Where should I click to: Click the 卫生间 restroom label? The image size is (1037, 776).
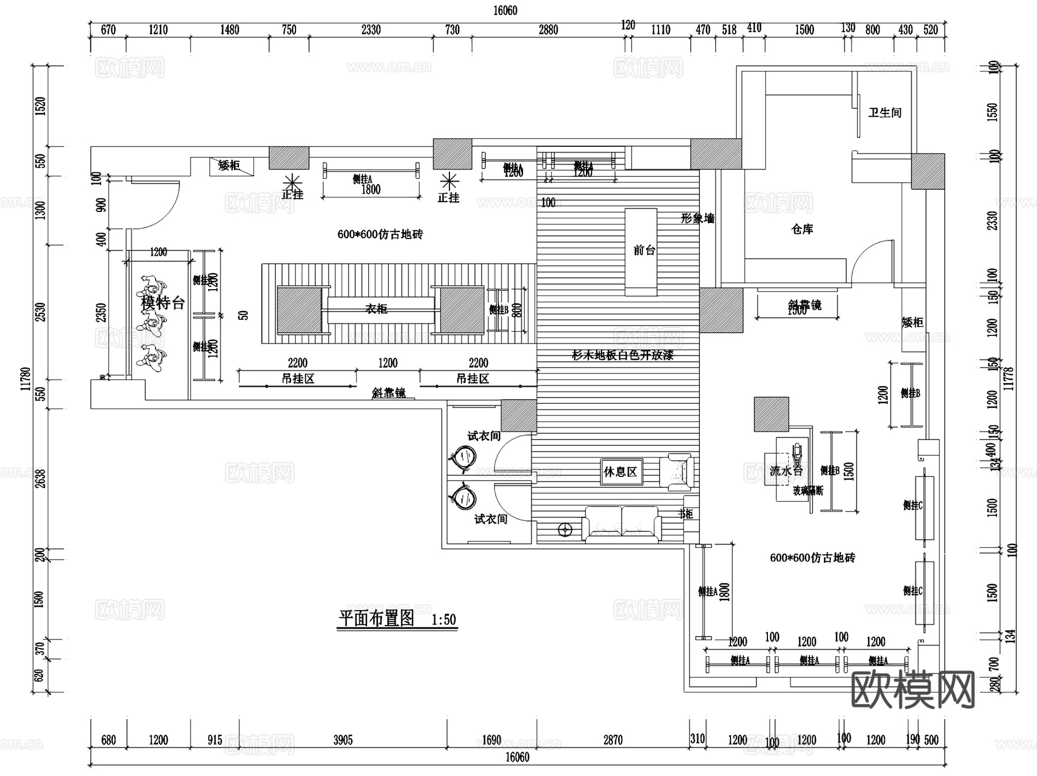coord(884,112)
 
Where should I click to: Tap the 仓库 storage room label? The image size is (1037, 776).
coord(802,229)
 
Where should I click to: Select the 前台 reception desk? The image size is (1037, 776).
coord(641,251)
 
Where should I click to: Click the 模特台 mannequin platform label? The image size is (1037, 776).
coord(162,302)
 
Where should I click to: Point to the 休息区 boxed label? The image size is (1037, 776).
coord(620,472)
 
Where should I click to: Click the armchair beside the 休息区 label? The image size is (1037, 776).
coord(680,472)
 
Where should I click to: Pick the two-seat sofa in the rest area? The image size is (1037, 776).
coord(622,524)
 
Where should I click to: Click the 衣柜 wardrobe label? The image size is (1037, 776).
coord(376,309)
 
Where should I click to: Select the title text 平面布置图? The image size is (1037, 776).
coord(376,619)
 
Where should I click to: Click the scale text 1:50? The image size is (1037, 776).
coord(444,620)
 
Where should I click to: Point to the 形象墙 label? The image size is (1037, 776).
coord(697,218)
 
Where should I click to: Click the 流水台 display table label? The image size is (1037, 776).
coord(786,471)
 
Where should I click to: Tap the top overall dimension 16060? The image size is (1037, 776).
coord(505,10)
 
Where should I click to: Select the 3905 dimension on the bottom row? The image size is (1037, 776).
coord(343,740)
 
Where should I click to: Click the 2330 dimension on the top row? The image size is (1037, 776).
coord(370,30)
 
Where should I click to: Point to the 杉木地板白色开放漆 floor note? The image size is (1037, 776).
coord(622,355)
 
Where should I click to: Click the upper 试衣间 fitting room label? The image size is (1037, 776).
coord(483,436)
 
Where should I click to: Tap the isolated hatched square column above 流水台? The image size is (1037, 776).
coord(771,414)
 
